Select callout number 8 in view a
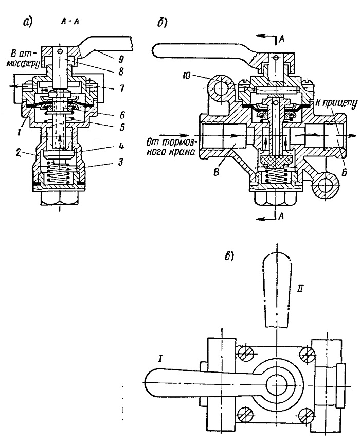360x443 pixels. point(120,73)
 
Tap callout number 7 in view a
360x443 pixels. point(121,88)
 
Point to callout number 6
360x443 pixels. point(121,115)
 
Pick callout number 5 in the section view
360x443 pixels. point(121,128)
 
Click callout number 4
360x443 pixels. point(121,146)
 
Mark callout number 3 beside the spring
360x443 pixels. point(120,163)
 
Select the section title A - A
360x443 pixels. point(69,22)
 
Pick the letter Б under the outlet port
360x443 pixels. point(344,173)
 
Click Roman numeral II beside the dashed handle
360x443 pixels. point(300,289)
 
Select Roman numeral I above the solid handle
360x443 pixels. point(160,359)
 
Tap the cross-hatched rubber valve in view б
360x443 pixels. point(274,161)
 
